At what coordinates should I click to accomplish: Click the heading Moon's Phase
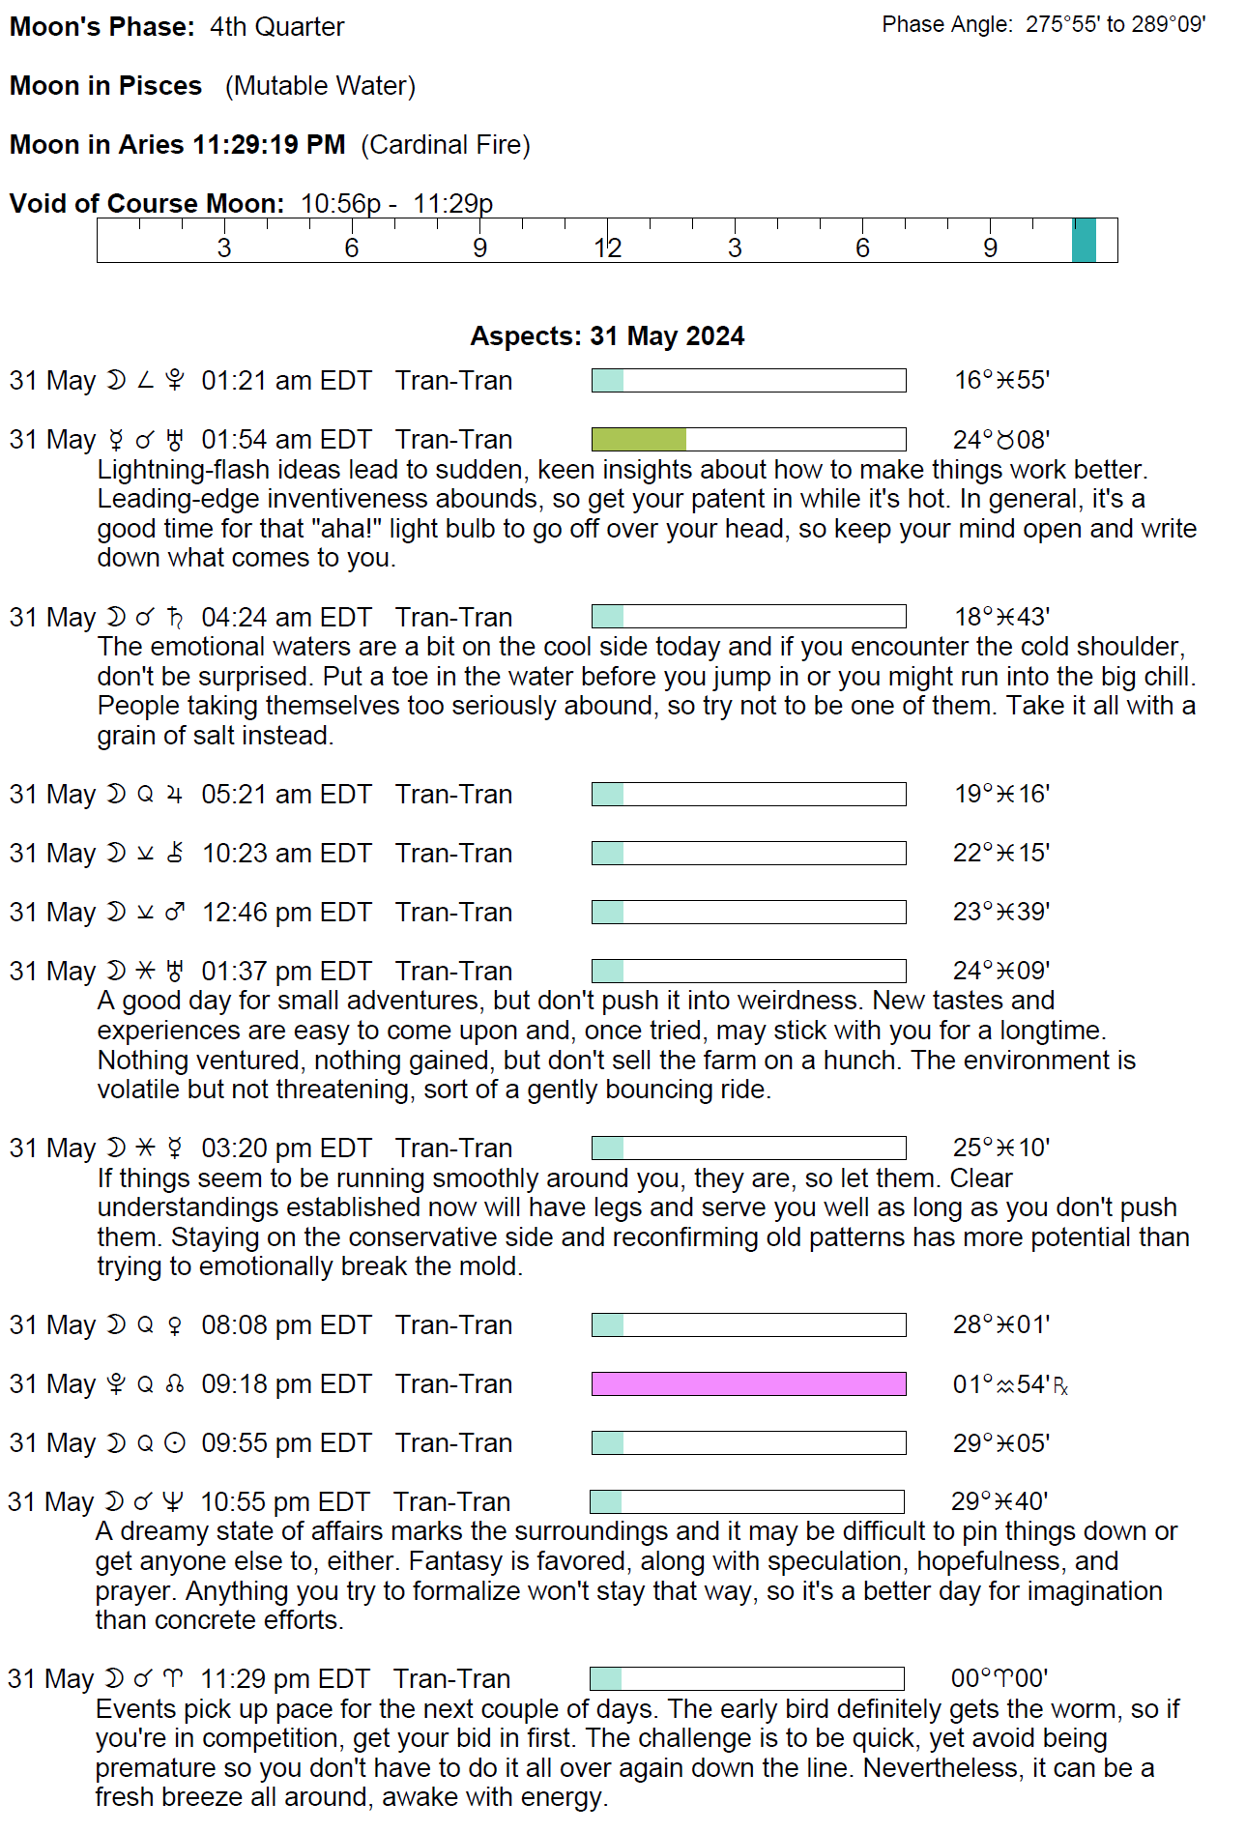[101, 27]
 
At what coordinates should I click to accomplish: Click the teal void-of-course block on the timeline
[1084, 240]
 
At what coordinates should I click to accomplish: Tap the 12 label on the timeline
[607, 248]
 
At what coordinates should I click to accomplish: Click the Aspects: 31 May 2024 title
[607, 336]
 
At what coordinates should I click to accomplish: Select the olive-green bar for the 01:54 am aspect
[639, 440]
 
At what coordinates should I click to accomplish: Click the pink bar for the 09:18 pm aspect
[748, 1384]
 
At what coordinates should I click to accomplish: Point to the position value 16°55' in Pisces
[1001, 381]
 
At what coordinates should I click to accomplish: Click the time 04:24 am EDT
[286, 618]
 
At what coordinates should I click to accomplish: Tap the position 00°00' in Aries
[1000, 1678]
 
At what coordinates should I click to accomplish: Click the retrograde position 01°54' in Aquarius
[1009, 1384]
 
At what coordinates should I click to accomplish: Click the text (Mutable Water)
[320, 86]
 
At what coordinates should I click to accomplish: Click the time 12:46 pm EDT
[286, 913]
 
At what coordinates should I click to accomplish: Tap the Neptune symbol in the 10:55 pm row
[172, 1502]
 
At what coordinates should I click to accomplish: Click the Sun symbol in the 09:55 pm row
[174, 1443]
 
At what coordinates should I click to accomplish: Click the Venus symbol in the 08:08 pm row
[174, 1325]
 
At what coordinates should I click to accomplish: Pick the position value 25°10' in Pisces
[1001, 1149]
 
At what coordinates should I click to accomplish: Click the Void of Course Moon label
[147, 204]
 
